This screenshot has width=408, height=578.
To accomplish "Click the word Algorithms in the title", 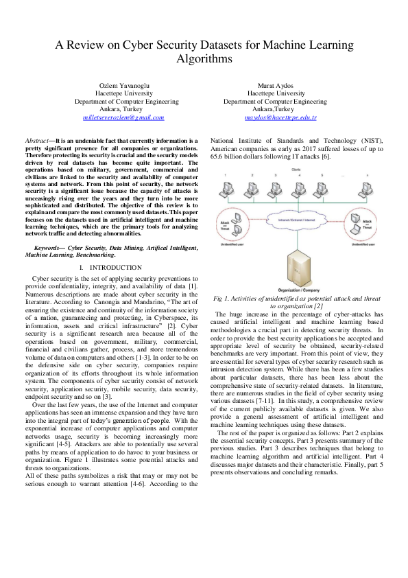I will [204, 60].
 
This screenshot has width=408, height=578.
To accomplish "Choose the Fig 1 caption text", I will [297, 302].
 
